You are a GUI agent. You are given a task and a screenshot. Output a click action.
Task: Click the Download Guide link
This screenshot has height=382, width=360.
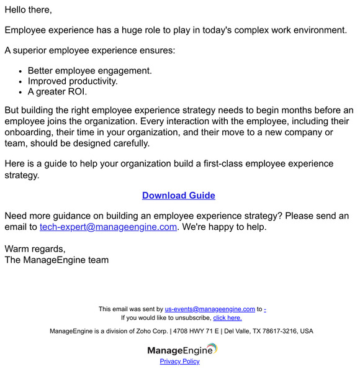(x=178, y=195)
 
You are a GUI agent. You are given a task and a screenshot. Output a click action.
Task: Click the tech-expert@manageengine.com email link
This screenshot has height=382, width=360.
(x=108, y=227)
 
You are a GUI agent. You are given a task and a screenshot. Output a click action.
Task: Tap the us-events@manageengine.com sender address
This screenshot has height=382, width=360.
(x=210, y=309)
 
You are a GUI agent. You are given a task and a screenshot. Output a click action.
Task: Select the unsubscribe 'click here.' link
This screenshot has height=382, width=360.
(x=227, y=317)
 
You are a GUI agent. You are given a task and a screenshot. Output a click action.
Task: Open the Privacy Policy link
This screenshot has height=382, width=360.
(x=179, y=361)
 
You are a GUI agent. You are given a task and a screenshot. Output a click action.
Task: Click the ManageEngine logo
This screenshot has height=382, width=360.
(x=182, y=350)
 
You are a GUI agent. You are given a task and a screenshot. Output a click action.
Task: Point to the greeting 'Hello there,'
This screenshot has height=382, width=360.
(x=29, y=10)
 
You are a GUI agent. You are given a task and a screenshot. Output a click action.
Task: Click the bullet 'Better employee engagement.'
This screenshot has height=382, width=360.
(x=89, y=70)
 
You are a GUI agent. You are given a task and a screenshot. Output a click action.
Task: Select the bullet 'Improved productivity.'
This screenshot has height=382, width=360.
(x=73, y=81)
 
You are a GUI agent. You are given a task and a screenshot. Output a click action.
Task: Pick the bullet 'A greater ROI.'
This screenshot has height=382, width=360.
(x=57, y=91)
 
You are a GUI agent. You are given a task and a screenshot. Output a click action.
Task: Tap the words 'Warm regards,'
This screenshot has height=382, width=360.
(x=35, y=248)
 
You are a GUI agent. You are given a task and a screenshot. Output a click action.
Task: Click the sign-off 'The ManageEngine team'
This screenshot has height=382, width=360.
(x=56, y=260)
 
